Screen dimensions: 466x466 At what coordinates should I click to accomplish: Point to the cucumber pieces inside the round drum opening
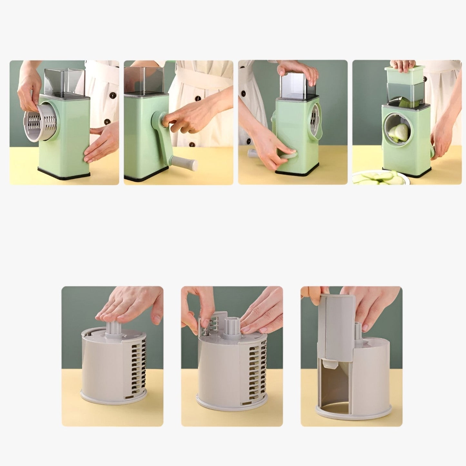[x=396, y=132]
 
